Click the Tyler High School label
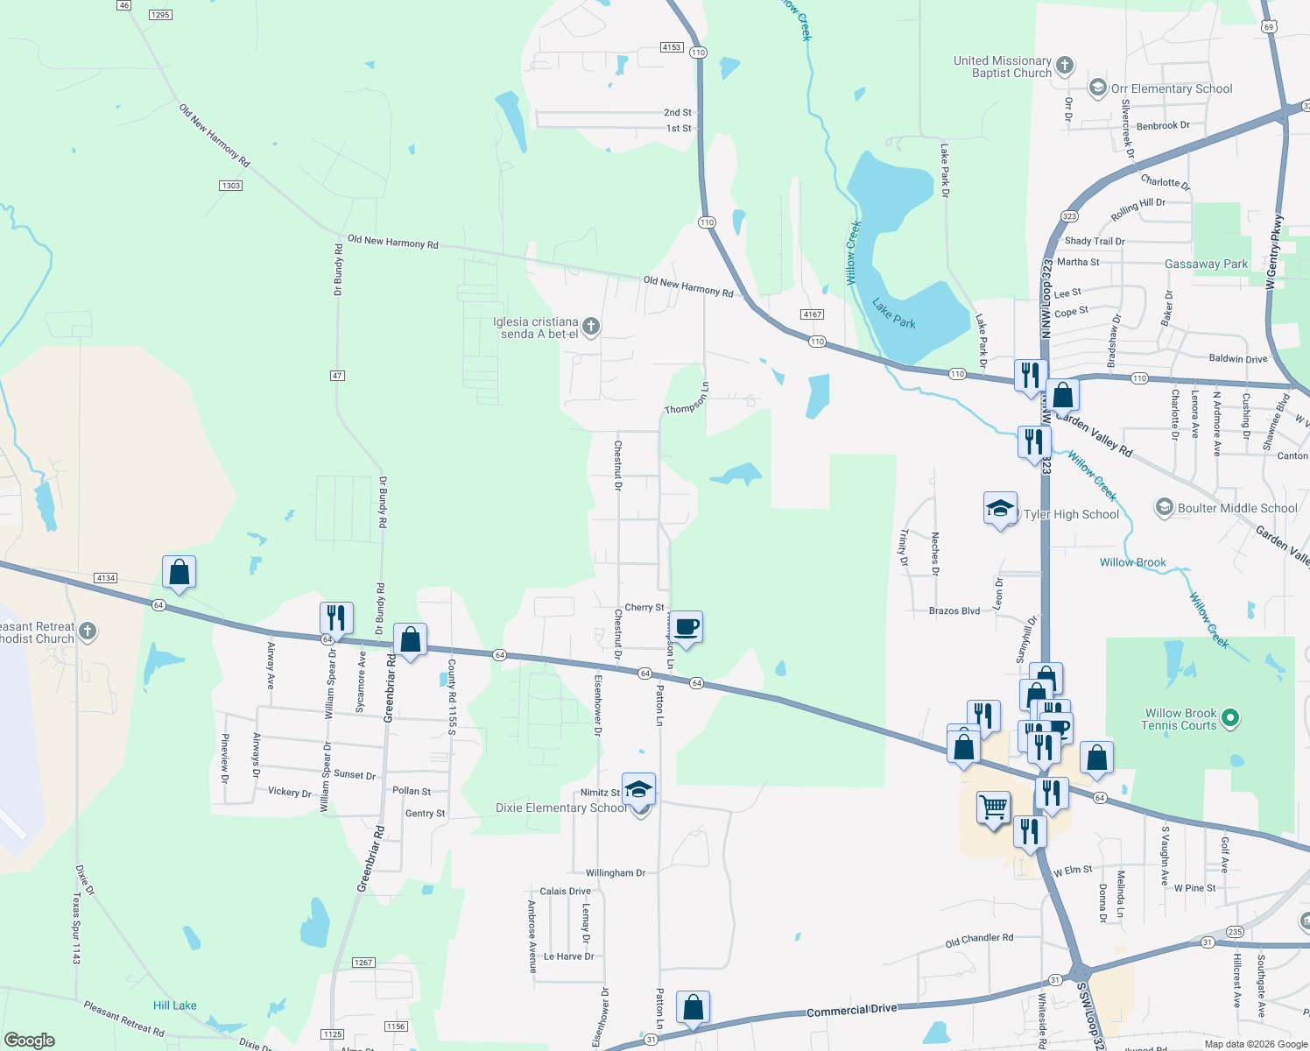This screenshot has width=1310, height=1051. point(1071,515)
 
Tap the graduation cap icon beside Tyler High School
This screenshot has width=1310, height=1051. point(1000,509)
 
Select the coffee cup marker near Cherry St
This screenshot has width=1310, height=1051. point(687,627)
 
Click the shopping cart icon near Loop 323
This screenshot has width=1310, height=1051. point(994,808)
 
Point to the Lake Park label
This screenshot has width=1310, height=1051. point(893,313)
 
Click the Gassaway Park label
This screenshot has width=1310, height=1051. point(1206,264)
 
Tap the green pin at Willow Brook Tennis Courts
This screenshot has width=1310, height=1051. point(1230,719)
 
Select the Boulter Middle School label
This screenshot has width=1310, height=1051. point(1237,508)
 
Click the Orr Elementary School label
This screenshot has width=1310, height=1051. point(1172,88)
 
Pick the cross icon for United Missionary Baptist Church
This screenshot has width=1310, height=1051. point(1064,66)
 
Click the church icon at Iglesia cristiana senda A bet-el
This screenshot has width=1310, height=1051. point(591,328)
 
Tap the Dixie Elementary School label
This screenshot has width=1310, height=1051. point(561,808)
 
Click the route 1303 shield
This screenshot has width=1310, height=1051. point(231,186)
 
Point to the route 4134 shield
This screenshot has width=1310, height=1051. point(105,578)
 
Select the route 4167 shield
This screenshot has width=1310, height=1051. point(812,314)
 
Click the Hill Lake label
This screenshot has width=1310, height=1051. point(175,1005)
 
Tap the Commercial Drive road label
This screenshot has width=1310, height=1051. point(851,1010)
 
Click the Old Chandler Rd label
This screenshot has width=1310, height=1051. point(979,941)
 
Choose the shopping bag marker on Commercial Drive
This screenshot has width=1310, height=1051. point(693,1008)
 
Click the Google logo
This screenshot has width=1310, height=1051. point(30,1040)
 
